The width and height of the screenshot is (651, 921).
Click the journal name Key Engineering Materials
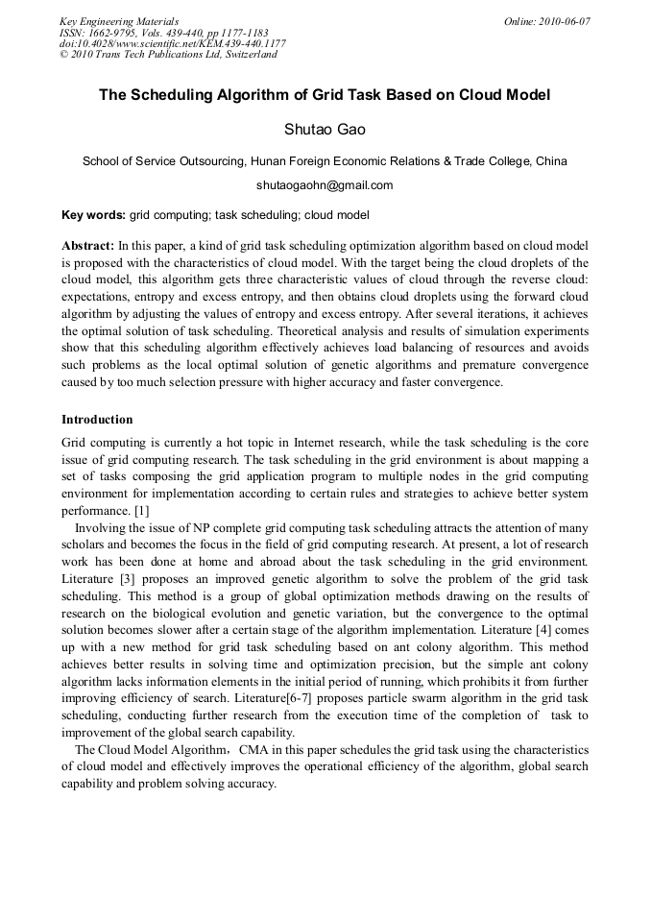coord(119,21)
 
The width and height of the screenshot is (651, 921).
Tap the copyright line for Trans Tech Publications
coord(169,55)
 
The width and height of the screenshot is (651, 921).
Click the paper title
coord(325,96)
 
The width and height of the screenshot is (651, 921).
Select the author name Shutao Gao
coord(325,129)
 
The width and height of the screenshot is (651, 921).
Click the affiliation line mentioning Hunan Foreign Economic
coord(325,161)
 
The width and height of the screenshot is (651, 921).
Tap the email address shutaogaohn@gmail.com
coord(325,185)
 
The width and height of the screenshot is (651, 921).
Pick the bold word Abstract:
coord(88,246)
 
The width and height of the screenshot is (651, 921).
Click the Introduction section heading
coord(97,420)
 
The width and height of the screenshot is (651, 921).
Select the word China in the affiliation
coord(550,161)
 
